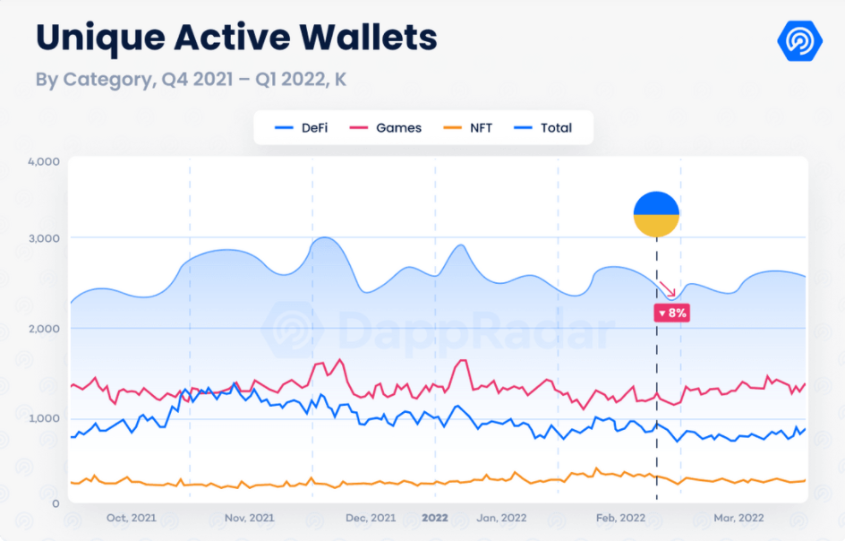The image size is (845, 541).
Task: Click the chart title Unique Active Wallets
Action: pos(236,38)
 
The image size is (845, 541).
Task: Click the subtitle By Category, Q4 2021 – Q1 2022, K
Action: pos(191,80)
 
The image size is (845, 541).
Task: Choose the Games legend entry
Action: pos(388,128)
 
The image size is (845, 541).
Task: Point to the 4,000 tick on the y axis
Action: pos(43,161)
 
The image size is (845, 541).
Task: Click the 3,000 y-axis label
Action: pos(43,238)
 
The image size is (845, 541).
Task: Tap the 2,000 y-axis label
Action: pos(43,329)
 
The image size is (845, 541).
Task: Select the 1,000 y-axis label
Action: pos(43,418)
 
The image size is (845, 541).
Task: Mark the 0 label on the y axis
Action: pos(55,504)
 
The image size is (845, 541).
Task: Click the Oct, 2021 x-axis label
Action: pos(131,518)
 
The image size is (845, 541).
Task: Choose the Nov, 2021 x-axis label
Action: pos(250,518)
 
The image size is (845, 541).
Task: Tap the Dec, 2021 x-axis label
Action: pos(371,518)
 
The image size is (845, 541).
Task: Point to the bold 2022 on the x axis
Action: pos(435,518)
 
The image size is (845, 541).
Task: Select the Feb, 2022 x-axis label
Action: pos(620,518)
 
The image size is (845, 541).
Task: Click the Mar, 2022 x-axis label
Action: pos(738,518)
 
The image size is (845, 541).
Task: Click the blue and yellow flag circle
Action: pos(656,215)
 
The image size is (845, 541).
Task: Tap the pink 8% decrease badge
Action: pos(671,313)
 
